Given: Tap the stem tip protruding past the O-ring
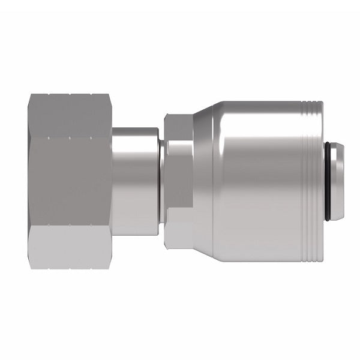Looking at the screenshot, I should (x=337, y=180).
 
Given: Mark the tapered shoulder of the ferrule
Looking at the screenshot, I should (x=206, y=180).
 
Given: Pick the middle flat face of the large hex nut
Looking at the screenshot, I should (x=69, y=180).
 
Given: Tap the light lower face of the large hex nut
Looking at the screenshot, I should (x=69, y=246).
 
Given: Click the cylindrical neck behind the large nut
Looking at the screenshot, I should (x=135, y=180).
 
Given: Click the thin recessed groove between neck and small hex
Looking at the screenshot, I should (x=160, y=180).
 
